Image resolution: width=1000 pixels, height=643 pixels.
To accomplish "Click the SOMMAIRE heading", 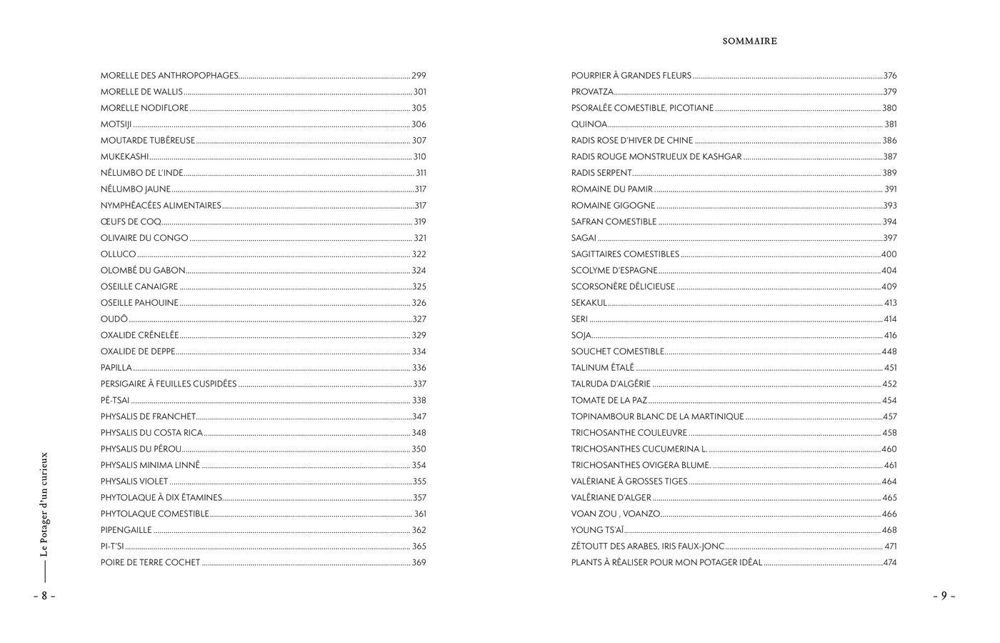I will [x=749, y=41].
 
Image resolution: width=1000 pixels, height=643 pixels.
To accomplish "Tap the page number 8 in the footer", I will [x=44, y=596].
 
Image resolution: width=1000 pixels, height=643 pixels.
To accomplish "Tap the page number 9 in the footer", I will [x=943, y=596].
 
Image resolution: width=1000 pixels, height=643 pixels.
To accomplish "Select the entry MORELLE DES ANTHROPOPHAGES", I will [x=169, y=76].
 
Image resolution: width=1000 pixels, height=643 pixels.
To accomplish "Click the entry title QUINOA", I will [x=589, y=124].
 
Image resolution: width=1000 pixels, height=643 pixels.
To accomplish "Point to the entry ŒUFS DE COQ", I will [x=131, y=222].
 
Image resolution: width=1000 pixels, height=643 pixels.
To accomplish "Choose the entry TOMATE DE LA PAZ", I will [x=609, y=401].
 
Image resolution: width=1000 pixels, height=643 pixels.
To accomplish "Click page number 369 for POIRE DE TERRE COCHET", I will [x=419, y=563].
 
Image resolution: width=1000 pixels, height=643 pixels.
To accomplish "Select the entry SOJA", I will [x=581, y=336].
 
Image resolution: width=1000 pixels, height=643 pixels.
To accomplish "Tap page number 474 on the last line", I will [x=889, y=563].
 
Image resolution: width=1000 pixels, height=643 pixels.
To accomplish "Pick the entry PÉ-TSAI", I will [x=115, y=401].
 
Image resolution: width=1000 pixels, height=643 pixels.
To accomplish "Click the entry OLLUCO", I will [x=118, y=254].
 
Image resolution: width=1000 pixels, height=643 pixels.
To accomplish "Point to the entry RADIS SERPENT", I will [x=601, y=173].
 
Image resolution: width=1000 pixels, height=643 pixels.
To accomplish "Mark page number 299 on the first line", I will [x=419, y=76].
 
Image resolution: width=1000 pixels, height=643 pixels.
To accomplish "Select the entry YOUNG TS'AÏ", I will [x=597, y=530].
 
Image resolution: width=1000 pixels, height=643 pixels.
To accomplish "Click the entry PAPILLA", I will [x=116, y=368].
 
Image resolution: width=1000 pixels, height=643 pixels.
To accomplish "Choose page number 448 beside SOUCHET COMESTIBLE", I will [x=889, y=352].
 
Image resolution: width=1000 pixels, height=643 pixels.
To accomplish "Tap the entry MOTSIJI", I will [x=116, y=124].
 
